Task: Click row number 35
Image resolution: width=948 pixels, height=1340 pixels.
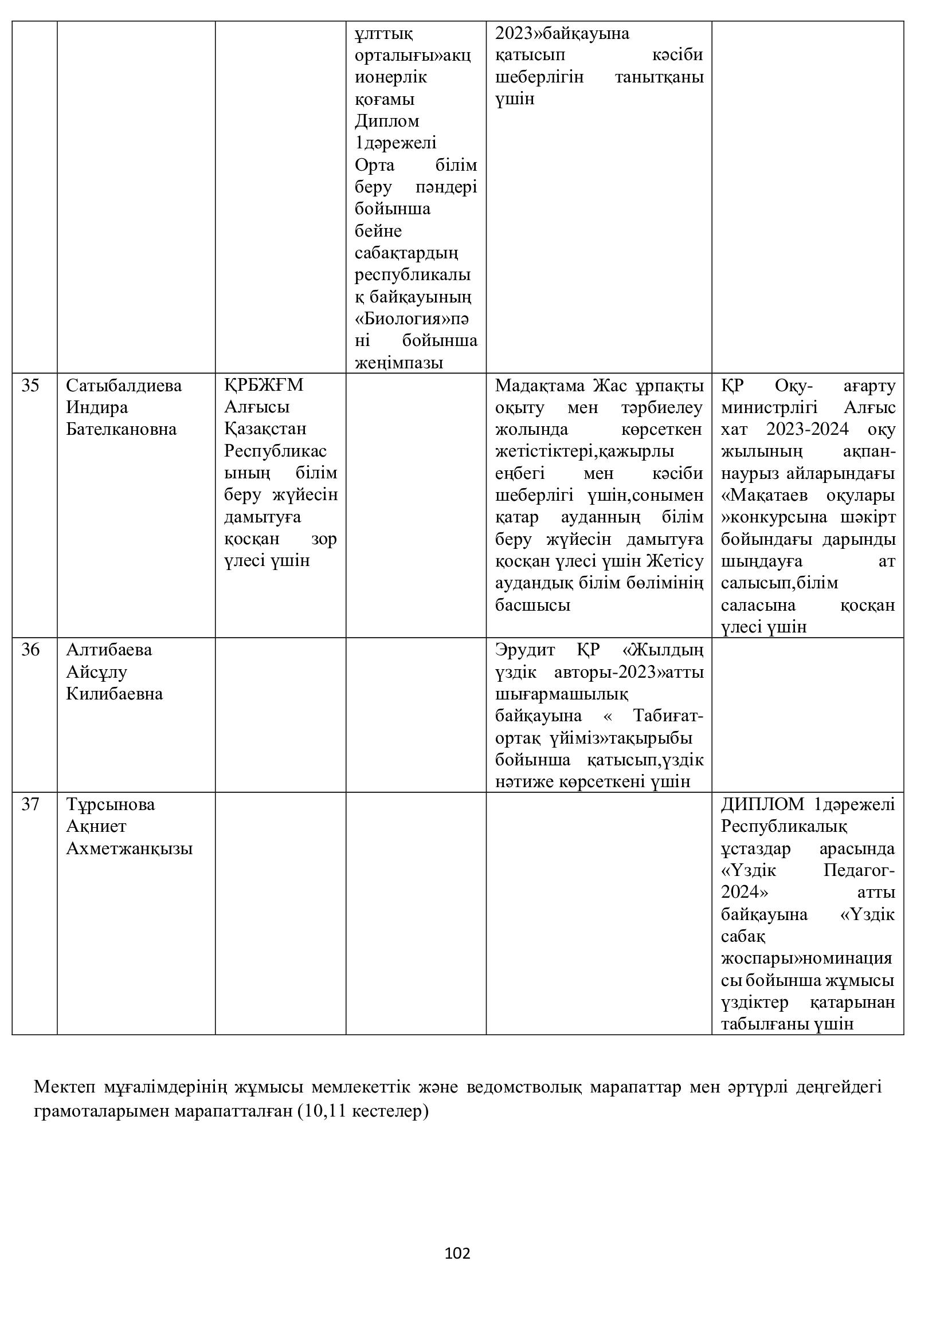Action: tap(30, 386)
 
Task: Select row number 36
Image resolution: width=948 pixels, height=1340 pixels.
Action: tap(30, 650)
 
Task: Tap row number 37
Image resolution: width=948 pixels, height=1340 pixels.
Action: tap(30, 804)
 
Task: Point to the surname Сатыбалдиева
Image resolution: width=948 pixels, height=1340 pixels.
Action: tap(124, 386)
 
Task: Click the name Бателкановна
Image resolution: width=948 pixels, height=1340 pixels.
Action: tap(121, 430)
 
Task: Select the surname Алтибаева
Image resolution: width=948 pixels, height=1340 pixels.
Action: tap(109, 650)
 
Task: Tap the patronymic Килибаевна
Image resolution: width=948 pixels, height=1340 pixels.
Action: tap(115, 694)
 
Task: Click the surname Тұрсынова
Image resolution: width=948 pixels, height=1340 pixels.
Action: tap(110, 804)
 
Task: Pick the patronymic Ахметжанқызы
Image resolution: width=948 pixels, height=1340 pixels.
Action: tap(129, 848)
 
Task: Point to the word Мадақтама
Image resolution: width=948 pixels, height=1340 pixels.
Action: tap(540, 386)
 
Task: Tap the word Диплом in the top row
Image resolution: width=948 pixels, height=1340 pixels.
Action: tap(387, 121)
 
